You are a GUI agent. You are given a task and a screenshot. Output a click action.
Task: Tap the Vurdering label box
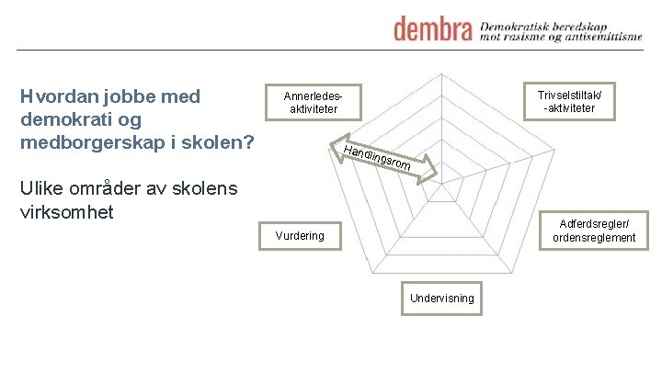[x=300, y=236]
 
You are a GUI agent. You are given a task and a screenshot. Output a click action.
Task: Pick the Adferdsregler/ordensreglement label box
[x=594, y=230]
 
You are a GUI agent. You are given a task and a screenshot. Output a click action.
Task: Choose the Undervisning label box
[x=442, y=298]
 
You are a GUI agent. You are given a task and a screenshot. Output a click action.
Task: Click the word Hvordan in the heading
[x=63, y=97]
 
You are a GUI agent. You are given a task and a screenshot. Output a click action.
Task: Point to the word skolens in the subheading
[x=206, y=189]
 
